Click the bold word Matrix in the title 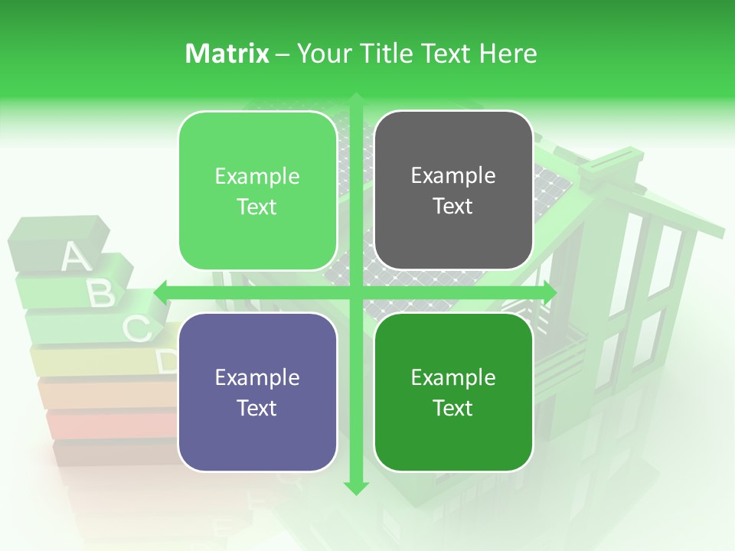tap(227, 54)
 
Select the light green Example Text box tap(257, 191)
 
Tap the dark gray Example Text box tap(453, 191)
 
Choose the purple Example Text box tap(257, 392)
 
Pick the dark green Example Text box tap(453, 392)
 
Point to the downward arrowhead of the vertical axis tap(356, 487)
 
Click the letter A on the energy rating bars tap(74, 257)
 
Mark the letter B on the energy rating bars tap(102, 293)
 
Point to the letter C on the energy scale tap(137, 329)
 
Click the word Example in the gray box tap(453, 176)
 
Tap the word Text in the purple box tap(257, 408)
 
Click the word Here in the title tap(508, 54)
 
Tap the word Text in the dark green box tap(453, 408)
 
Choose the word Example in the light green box tap(257, 177)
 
